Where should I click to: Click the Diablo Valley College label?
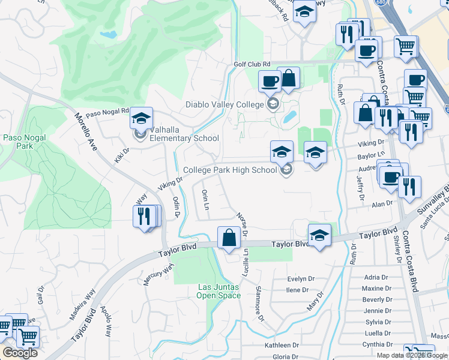[x=224, y=104]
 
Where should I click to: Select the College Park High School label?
[x=230, y=170]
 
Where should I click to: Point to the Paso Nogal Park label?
[x=17, y=142]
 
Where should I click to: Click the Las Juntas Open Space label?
[x=219, y=291]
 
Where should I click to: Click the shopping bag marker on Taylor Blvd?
[x=229, y=238]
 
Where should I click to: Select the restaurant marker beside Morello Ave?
[x=145, y=216]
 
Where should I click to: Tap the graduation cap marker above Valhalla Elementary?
[x=141, y=118]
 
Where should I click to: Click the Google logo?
[x=20, y=353]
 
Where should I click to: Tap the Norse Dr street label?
[x=242, y=223]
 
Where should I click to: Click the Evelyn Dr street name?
[x=301, y=279]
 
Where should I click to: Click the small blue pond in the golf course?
[x=109, y=35]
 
